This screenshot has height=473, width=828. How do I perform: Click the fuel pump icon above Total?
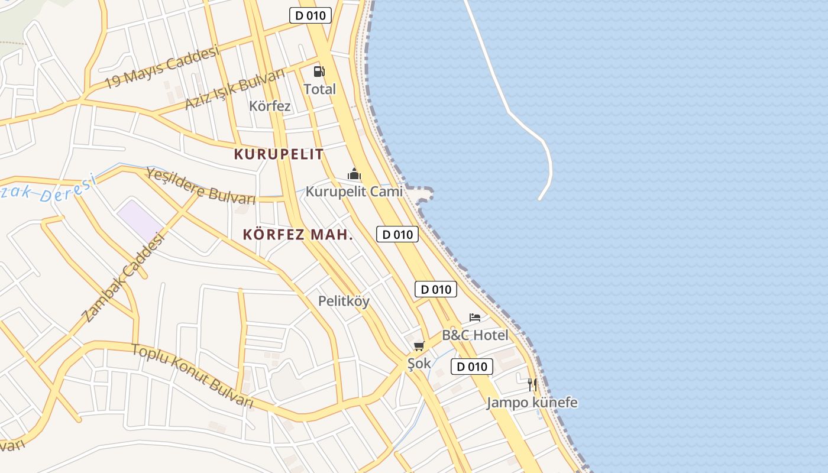point(319,72)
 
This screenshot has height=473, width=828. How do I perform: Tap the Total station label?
point(319,89)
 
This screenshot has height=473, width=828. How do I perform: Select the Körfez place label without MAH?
point(270,106)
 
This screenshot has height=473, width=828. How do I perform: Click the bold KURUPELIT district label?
point(279,154)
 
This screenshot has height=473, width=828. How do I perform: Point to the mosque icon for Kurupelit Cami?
point(354,174)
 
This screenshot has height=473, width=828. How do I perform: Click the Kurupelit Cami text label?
point(354,192)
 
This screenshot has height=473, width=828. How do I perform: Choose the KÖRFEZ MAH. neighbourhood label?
point(297,235)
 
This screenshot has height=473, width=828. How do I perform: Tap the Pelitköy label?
point(344,301)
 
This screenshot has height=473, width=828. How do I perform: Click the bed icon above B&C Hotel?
point(475,318)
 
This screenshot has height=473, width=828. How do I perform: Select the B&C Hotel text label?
point(475,335)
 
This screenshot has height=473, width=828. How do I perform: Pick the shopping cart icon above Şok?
point(419,346)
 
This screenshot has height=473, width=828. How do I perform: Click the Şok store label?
point(419,363)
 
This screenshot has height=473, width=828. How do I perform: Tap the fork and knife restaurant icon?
point(532,385)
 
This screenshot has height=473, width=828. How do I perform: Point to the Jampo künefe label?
point(532,403)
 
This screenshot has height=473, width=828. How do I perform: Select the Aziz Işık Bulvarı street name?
point(234,89)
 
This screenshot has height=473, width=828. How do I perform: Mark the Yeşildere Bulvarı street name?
point(200,186)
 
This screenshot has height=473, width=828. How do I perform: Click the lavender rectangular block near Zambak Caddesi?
point(140,220)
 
